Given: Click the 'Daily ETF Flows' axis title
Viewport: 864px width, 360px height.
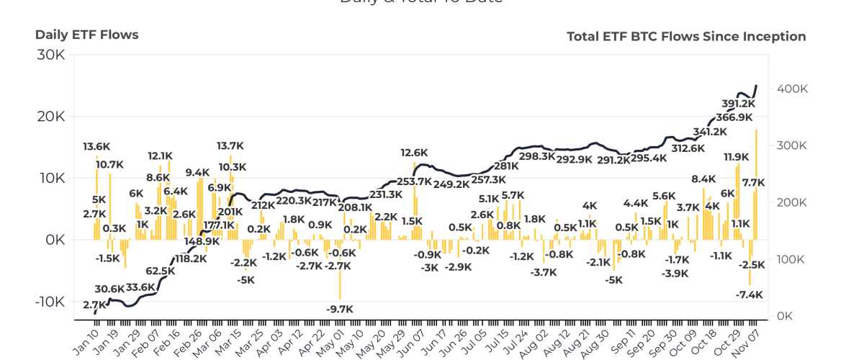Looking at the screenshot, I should coord(86,35).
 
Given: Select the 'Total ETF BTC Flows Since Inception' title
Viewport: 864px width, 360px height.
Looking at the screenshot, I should coord(686,36).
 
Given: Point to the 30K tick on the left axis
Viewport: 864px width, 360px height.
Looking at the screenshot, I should coord(50,55).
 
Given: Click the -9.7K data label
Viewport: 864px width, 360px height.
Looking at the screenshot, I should coord(340,309).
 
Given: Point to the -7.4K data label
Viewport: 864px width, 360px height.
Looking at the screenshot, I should coord(750,294).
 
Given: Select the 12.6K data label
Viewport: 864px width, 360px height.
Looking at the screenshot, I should coord(415,153).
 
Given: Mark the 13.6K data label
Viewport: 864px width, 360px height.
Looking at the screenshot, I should coord(96,147).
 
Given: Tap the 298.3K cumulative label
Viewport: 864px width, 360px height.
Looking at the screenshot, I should coord(537,156).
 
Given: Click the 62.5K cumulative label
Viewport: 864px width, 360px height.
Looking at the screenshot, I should coord(160,271).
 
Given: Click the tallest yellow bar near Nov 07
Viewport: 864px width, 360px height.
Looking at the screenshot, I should coord(756,184).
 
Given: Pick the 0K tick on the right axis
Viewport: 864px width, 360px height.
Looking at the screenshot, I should coord(786,316).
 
